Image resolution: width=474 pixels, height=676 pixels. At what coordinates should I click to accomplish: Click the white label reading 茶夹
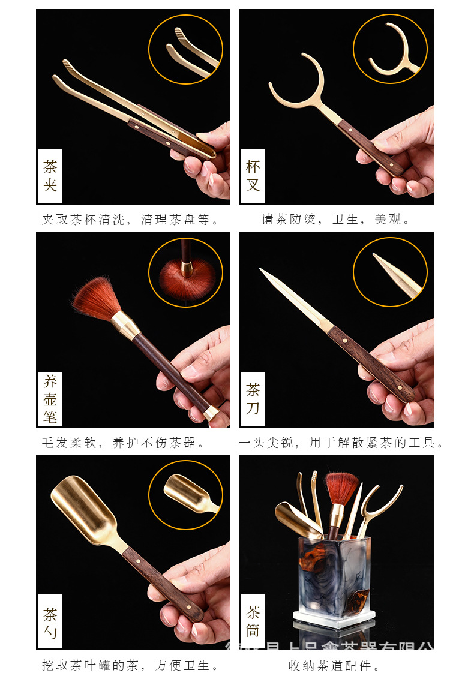tap(50, 176)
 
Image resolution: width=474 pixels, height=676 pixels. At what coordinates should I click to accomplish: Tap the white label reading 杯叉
tap(253, 176)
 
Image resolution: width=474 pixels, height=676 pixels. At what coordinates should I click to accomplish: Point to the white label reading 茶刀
tap(253, 399)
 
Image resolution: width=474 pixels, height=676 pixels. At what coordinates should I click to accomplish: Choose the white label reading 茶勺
tap(50, 622)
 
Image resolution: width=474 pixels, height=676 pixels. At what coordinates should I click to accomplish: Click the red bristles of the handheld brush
tap(96, 298)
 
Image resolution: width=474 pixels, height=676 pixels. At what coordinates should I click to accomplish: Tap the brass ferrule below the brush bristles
tap(126, 326)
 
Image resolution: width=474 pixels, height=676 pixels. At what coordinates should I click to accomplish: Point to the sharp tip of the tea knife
tap(262, 271)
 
